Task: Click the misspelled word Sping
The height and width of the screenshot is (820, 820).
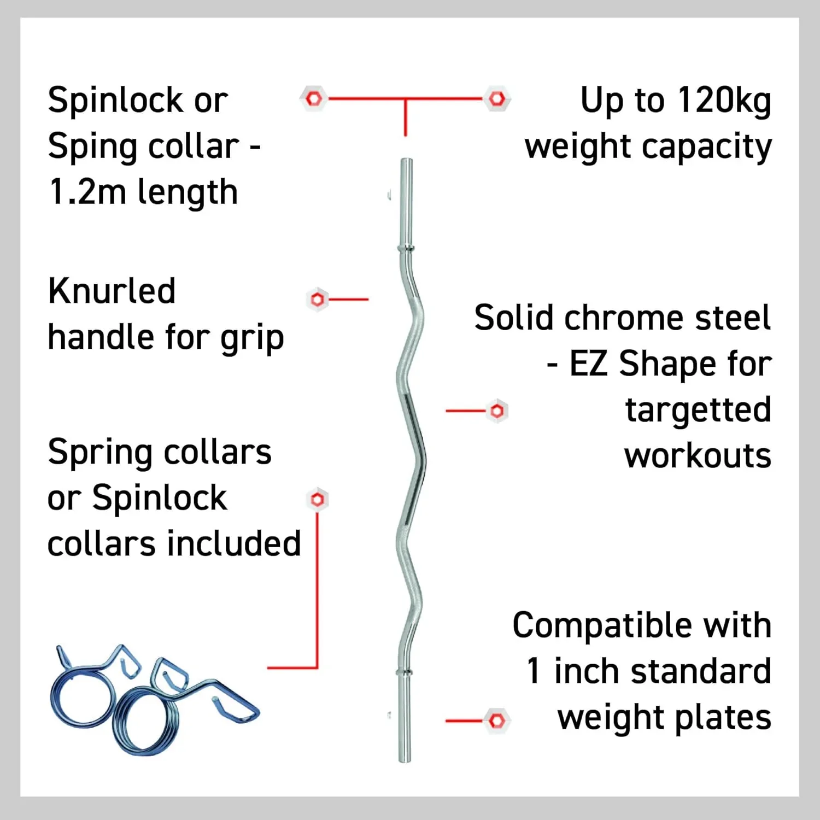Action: (90, 147)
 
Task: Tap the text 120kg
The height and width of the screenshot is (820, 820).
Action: (724, 102)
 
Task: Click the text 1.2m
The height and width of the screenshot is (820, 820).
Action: (87, 192)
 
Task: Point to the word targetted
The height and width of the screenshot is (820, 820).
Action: (698, 410)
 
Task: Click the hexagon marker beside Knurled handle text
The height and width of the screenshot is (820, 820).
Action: (317, 299)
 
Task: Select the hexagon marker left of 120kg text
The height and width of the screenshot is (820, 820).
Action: (496, 99)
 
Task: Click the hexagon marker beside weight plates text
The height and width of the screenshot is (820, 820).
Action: (497, 721)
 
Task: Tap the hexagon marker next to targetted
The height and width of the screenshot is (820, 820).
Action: (497, 411)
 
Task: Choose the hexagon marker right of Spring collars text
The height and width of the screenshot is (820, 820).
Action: (317, 499)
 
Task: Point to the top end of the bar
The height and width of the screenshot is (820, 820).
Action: (406, 160)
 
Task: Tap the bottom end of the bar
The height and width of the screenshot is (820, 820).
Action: (405, 760)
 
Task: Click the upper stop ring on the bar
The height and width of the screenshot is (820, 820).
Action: (406, 249)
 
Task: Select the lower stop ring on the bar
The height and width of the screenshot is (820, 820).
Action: (404, 672)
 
